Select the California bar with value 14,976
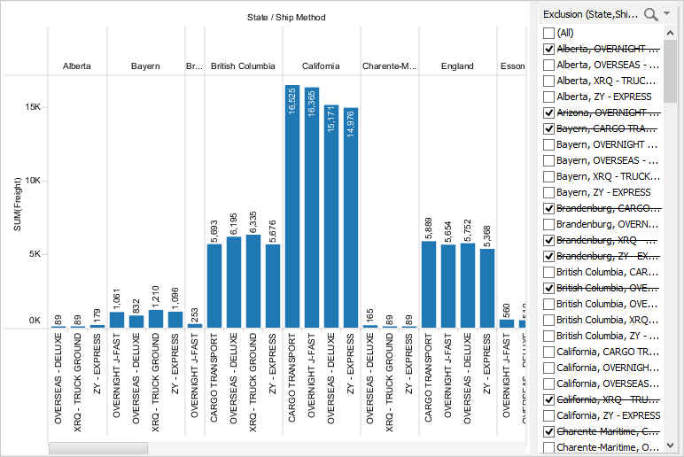point(351,218)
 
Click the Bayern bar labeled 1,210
point(156,319)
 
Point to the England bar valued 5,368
point(487,288)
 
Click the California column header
point(321,66)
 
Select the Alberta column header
point(76,66)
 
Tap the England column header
point(457,66)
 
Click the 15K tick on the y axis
point(32,107)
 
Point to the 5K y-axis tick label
point(34,254)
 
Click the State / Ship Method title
point(286,17)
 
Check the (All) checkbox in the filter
point(548,33)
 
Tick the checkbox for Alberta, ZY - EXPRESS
point(548,97)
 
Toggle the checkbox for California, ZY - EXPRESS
point(548,415)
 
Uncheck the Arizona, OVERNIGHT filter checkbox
point(548,112)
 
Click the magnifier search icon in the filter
point(651,13)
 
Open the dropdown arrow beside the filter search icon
point(666,13)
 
